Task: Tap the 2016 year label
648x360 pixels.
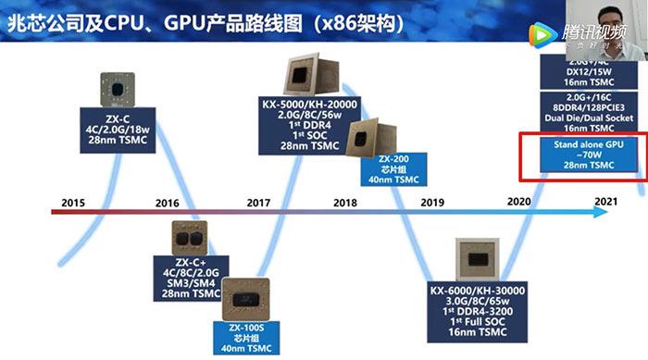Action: point(167,202)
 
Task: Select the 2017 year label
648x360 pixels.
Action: point(258,202)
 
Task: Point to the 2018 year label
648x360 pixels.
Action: point(345,202)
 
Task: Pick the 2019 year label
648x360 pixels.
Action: point(432,202)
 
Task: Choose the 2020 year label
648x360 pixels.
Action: point(519,202)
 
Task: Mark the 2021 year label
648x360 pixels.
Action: point(606,202)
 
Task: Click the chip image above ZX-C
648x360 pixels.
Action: point(116,91)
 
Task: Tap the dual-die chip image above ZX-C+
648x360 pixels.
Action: point(192,239)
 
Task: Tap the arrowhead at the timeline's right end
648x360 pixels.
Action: point(602,212)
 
